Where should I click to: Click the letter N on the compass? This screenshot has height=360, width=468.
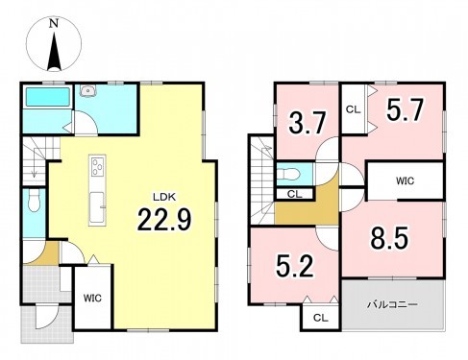pos(54,24)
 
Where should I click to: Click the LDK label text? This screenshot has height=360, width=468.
pos(164,197)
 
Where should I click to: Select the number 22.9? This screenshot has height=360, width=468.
pos(164,219)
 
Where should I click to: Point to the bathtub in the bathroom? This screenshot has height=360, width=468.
pos(48,96)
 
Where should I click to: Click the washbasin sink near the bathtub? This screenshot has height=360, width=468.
pos(87,90)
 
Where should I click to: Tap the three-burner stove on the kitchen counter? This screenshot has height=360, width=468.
pos(98,166)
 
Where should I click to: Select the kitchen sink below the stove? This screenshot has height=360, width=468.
pos(97,207)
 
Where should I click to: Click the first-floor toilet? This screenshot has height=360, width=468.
pos(34,201)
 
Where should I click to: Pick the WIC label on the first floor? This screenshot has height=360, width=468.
pos(92,299)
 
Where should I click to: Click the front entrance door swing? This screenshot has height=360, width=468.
pos(47,317)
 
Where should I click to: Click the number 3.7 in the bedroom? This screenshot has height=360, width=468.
pos(308,123)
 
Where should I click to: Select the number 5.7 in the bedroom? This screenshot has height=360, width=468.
pos(406,109)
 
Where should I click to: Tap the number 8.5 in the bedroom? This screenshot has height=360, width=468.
pos(390,238)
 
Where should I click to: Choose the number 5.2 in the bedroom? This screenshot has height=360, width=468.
pos(295,266)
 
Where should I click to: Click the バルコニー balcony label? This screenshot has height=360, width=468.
pos(392,304)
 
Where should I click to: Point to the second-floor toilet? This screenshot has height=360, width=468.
pos(289,175)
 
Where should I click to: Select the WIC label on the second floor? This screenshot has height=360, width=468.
pos(405,181)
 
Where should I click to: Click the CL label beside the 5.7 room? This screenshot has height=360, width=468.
pos(354,109)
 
